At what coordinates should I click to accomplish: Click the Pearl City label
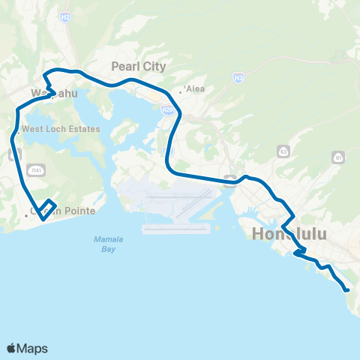[138, 66]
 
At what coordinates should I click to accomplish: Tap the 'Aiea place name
[194, 88]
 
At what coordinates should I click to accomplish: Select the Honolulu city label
[291, 234]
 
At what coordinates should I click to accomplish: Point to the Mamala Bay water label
[108, 243]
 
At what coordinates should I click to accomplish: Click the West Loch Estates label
[61, 129]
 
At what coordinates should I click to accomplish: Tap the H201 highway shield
[165, 109]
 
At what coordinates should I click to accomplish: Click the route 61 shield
[339, 158]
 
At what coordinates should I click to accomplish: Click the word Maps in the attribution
[32, 348]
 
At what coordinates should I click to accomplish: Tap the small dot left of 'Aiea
[180, 92]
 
